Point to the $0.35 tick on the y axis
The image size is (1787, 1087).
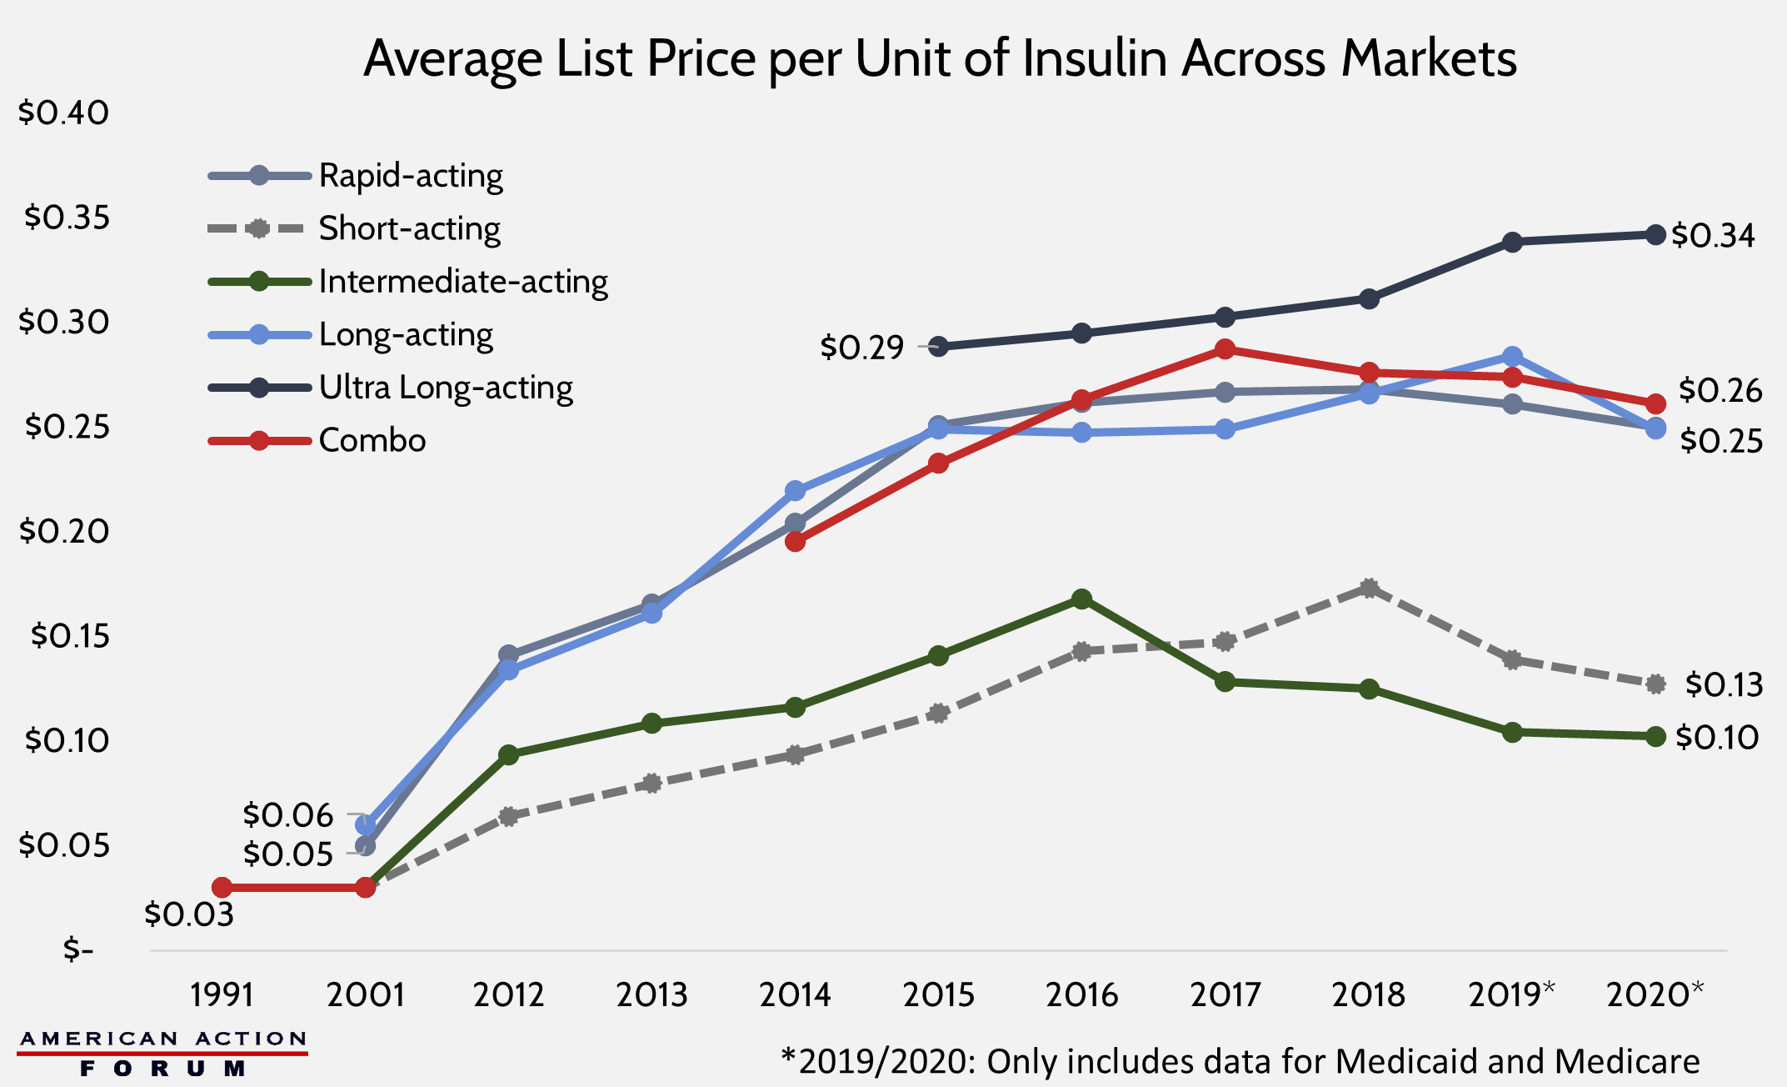point(67,217)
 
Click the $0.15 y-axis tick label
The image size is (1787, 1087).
point(70,636)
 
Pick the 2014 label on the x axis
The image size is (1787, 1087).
point(795,994)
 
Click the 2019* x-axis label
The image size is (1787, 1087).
point(1511,994)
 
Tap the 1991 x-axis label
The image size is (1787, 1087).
point(222,994)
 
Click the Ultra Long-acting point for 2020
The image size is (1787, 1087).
point(1655,235)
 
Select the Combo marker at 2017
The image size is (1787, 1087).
point(1225,349)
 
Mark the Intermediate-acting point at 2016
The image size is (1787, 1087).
point(1081,599)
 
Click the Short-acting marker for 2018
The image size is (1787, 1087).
point(1369,589)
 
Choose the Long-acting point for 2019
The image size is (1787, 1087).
point(1512,357)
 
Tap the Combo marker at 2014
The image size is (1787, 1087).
point(795,542)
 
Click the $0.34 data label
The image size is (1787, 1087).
point(1713,236)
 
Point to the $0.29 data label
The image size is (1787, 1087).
point(861,347)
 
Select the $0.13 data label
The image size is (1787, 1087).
point(1724,684)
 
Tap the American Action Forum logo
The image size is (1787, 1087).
point(162,1054)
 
